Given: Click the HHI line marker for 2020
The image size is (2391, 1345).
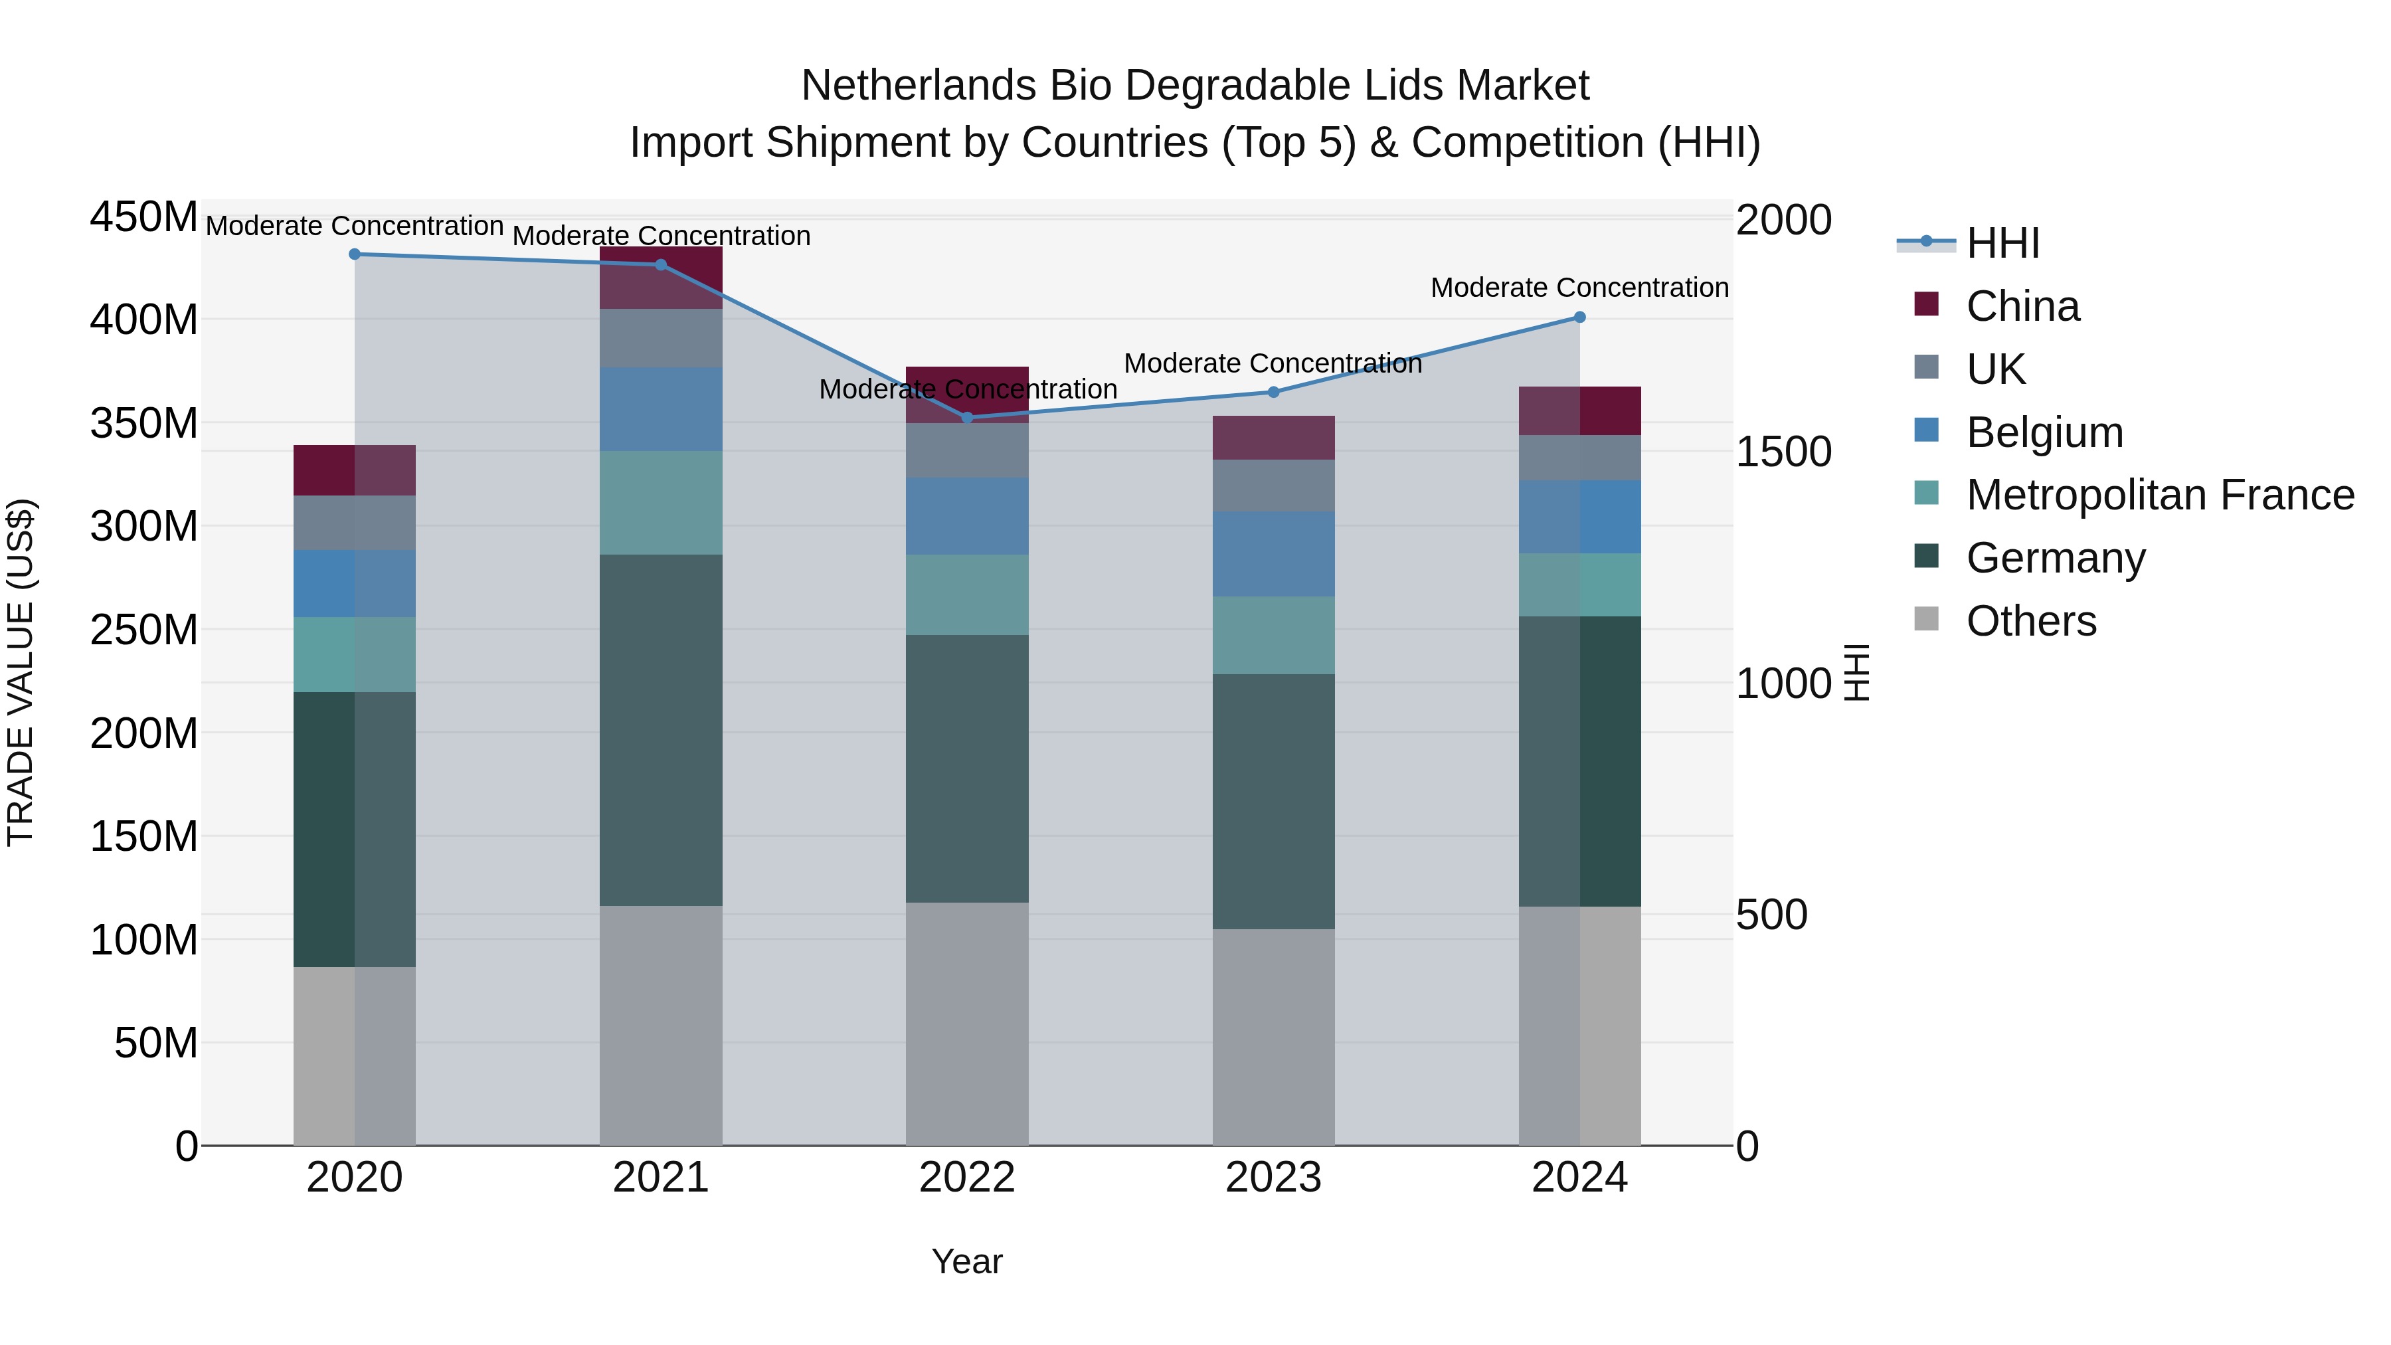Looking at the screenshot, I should (355, 254).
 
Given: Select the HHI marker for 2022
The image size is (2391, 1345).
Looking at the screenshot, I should (967, 418).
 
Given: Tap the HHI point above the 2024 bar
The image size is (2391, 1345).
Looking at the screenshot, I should (1580, 317).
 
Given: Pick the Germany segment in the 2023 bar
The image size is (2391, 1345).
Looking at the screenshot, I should (1273, 801).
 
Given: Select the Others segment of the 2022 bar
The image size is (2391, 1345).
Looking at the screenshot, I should (967, 1023).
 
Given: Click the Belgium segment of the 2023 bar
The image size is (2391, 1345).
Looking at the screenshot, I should (1273, 554).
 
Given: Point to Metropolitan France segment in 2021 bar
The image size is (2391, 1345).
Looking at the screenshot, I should (661, 502).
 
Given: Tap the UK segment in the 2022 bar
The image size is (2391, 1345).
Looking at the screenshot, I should (967, 450).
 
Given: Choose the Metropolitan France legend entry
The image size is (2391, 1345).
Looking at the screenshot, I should (2160, 495).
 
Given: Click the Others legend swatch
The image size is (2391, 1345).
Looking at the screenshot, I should (1927, 619).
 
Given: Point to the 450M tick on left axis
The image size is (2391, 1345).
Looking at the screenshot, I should (144, 218).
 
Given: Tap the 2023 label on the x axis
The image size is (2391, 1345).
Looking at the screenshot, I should (1273, 1178).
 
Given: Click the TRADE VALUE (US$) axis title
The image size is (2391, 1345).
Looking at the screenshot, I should (21, 672).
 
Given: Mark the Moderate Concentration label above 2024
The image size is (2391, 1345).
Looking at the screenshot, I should (1580, 288).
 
